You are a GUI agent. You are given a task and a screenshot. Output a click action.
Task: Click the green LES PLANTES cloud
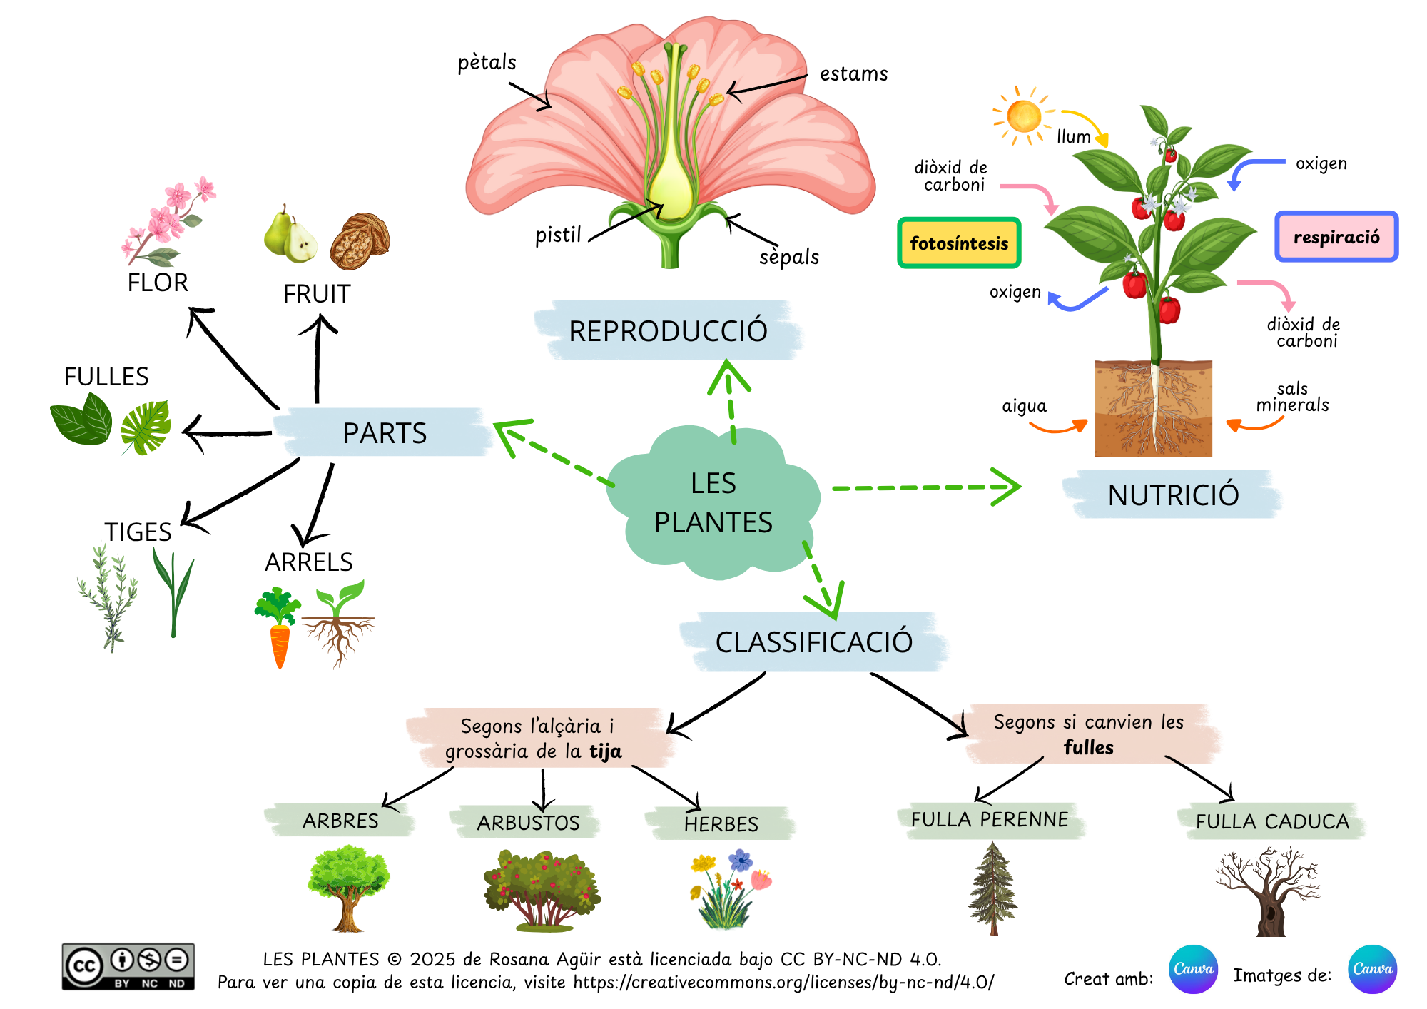pos(713,503)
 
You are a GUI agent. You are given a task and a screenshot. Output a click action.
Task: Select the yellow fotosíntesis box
pos(959,243)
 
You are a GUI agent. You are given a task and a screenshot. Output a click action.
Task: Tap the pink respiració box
pos(1336,237)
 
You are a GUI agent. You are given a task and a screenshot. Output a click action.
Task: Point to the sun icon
pos(1024,116)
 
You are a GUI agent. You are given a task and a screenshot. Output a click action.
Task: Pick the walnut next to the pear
pos(360,241)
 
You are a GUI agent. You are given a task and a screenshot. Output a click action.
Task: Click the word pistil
pos(558,235)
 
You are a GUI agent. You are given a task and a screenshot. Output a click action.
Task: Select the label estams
pos(853,74)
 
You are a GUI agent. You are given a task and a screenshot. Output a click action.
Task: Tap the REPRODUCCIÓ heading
pos(668,331)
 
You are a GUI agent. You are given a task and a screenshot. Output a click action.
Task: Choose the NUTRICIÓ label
pos(1173,495)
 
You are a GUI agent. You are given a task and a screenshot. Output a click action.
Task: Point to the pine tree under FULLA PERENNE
pos(992,888)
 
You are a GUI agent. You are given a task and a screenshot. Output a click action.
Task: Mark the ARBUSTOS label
pos(528,823)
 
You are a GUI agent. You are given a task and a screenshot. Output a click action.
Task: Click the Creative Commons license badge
pos(128,967)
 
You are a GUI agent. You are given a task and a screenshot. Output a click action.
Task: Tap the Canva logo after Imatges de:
pos(1372,969)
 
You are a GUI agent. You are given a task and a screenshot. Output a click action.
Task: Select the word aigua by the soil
pos(1024,406)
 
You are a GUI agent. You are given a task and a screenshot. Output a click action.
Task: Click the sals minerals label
pos(1292,397)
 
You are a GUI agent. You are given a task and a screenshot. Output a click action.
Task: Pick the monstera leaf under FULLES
pos(146,426)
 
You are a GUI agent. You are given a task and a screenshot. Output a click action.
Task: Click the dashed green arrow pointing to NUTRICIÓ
pos(928,487)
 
